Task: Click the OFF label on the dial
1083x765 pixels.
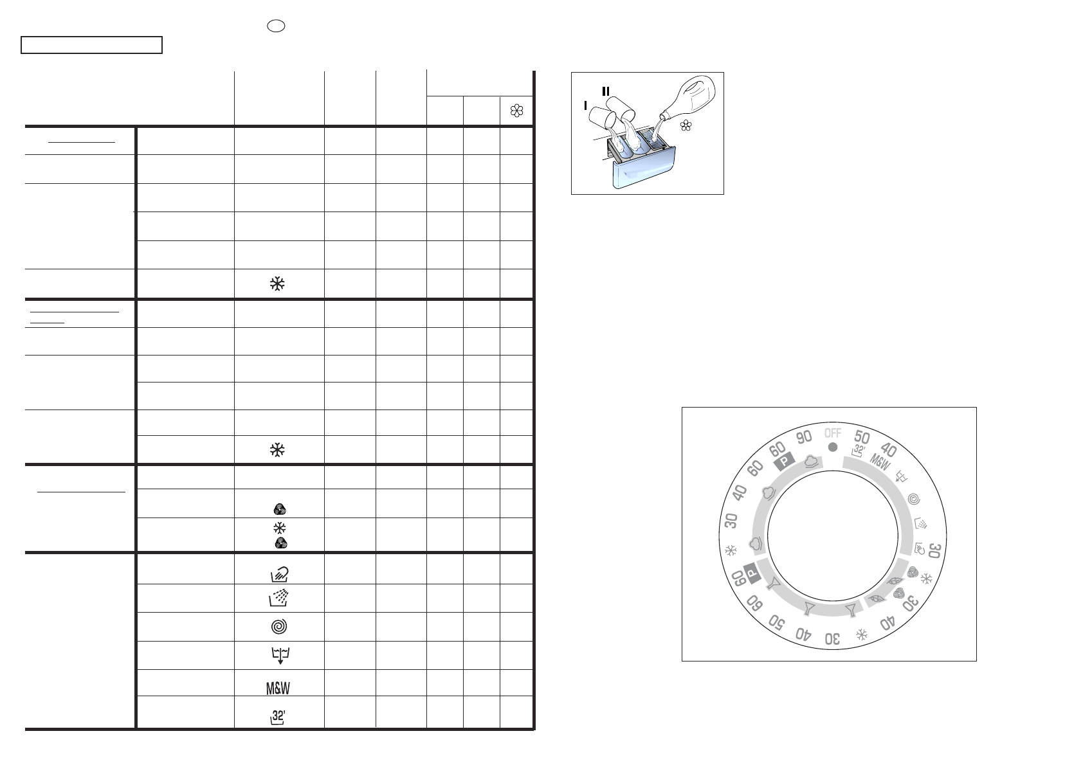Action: [833, 433]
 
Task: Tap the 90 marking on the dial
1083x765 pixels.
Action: [803, 437]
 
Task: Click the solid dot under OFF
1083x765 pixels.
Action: [833, 447]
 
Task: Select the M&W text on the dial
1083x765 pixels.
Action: [880, 462]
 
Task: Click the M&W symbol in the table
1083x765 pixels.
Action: [278, 688]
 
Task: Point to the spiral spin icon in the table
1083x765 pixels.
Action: [279, 627]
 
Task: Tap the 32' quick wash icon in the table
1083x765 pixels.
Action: [278, 717]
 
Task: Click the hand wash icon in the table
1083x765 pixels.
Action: [280, 575]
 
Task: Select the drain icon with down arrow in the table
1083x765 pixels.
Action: [280, 656]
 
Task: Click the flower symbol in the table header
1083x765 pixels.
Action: [516, 111]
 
